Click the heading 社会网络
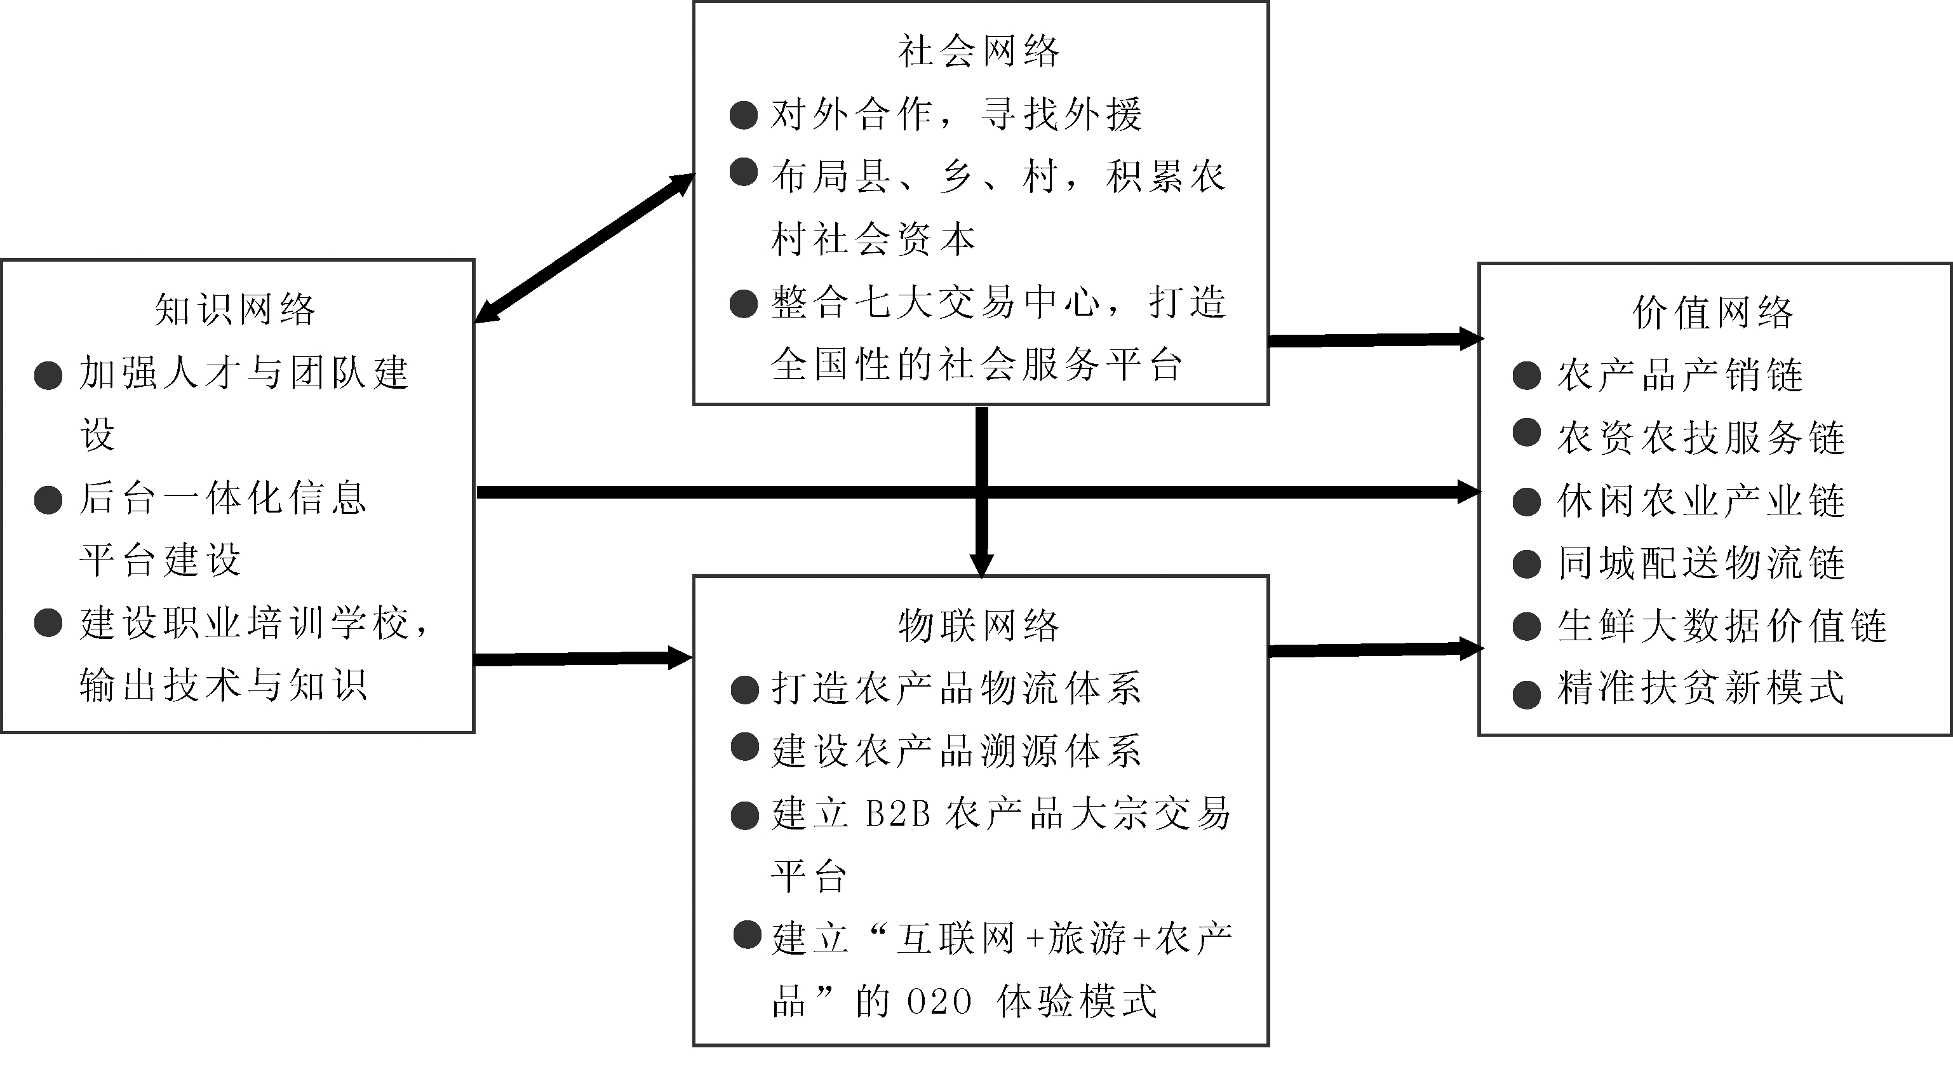click(x=978, y=51)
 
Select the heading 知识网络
click(x=235, y=310)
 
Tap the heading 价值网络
click(x=1713, y=313)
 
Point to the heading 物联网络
click(x=978, y=626)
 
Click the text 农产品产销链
click(x=1680, y=376)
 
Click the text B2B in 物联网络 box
click(x=897, y=814)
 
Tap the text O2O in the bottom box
click(x=939, y=1002)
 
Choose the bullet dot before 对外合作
click(x=743, y=115)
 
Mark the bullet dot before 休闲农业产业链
click(x=1526, y=502)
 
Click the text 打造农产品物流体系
click(x=956, y=689)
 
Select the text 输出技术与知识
click(x=224, y=685)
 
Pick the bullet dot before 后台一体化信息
click(x=48, y=500)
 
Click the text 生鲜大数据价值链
click(x=1721, y=626)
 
